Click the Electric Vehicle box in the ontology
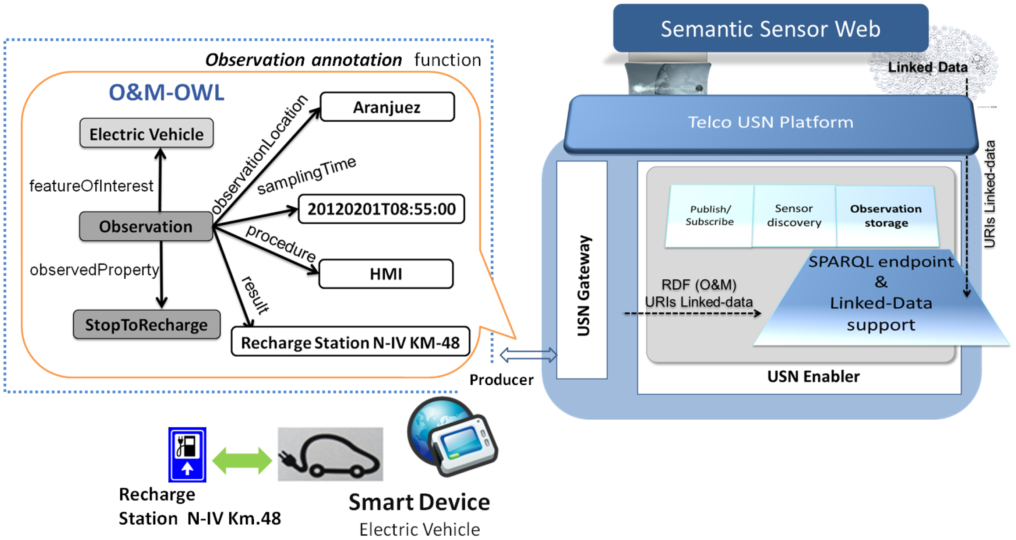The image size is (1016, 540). (147, 134)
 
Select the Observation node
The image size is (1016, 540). (145, 226)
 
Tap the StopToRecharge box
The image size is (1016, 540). (147, 325)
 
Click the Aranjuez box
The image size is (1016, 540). (387, 107)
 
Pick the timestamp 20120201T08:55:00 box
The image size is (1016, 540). (381, 209)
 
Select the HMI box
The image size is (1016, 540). (386, 274)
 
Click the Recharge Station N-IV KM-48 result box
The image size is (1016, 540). (350, 342)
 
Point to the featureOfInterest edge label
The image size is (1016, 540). (91, 186)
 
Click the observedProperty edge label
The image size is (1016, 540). (94, 270)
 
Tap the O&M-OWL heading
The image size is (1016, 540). (166, 93)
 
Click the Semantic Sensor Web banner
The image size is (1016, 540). (770, 28)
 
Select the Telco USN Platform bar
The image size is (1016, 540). (770, 122)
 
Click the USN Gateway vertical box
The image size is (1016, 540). (582, 270)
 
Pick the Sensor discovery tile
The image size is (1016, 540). (794, 215)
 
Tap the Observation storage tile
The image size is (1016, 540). (886, 215)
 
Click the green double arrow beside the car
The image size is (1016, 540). (242, 460)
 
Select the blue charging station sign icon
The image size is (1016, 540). (187, 454)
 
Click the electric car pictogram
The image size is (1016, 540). (330, 454)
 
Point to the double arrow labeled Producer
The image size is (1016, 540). (528, 355)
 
